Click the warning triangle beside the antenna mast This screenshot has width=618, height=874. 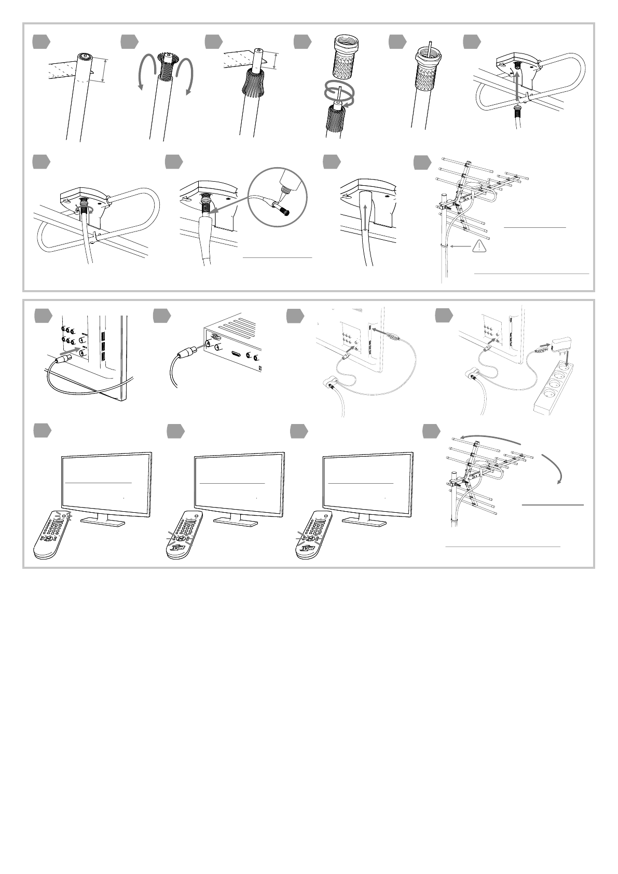pyautogui.click(x=479, y=247)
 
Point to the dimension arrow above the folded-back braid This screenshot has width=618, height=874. pyautogui.click(x=274, y=61)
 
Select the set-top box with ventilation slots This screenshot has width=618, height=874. pyautogui.click(x=236, y=345)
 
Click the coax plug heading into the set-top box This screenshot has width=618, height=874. pyautogui.click(x=187, y=353)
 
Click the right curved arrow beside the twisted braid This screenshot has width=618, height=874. pyautogui.click(x=187, y=75)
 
